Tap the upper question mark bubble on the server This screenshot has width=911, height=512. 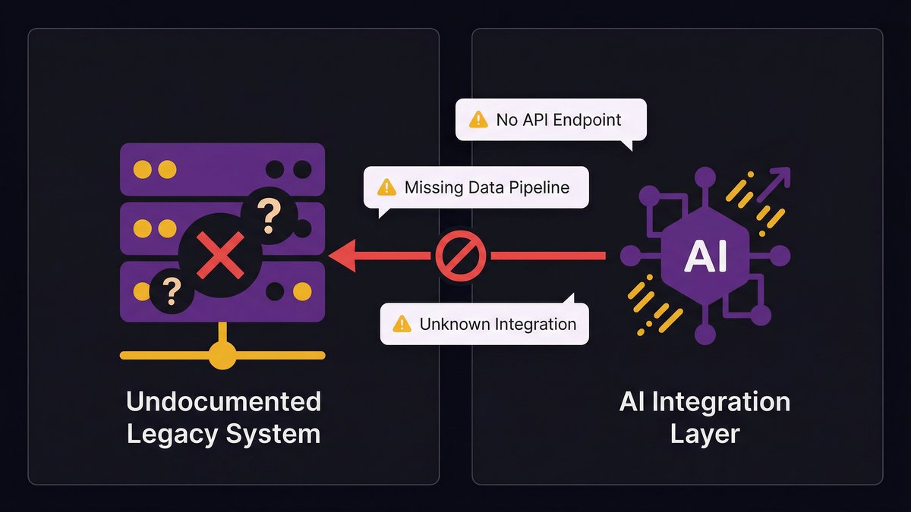[267, 216]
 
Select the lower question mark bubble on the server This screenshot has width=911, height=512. [172, 289]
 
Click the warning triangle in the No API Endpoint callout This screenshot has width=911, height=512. [478, 119]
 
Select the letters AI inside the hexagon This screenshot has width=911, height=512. [705, 258]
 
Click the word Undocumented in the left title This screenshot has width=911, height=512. [223, 401]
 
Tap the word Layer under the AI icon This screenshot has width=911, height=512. [705, 435]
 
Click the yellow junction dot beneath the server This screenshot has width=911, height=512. [222, 354]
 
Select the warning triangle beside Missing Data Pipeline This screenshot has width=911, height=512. [386, 187]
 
